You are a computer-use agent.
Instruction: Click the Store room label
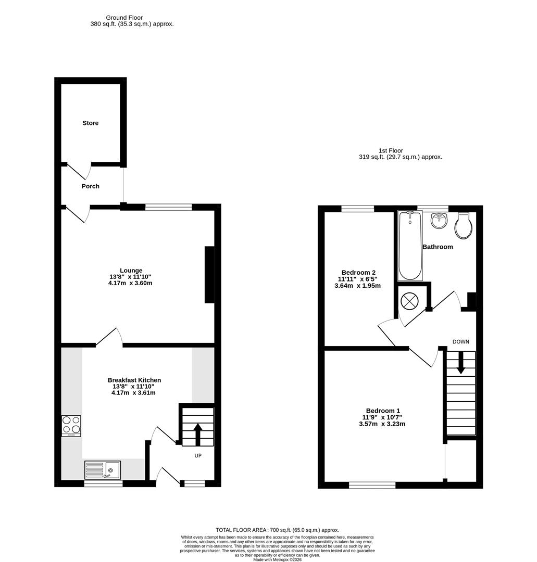90,123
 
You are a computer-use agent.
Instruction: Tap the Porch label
90,186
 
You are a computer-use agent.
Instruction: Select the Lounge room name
131,270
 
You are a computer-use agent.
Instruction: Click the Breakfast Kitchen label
134,380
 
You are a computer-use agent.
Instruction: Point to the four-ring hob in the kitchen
71,425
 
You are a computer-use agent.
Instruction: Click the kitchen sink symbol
103,470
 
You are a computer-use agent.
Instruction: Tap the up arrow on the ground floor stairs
197,433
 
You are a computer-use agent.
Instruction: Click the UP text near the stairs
198,456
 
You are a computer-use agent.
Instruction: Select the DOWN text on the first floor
460,342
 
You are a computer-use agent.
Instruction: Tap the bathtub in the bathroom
410,246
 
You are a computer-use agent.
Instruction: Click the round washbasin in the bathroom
439,221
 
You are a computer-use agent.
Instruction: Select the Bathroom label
438,247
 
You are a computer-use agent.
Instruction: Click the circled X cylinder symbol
409,300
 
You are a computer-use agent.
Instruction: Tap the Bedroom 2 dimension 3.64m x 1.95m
359,286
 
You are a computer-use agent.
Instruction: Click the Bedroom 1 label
383,410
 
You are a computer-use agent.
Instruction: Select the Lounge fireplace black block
209,274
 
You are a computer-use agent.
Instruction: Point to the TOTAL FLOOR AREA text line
277,529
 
